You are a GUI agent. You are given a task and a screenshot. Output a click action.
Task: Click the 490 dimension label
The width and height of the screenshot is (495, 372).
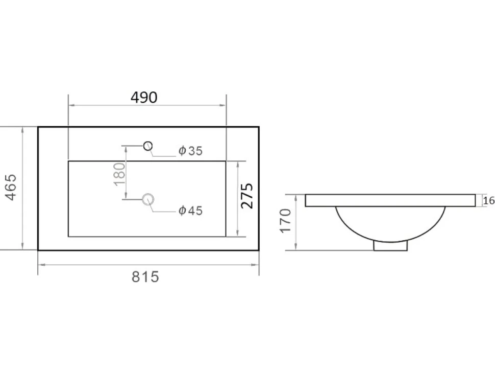144,98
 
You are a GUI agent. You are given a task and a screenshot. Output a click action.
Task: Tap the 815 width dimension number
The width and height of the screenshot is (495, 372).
145,277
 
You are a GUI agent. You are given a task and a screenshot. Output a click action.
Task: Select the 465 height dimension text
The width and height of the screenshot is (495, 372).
11,187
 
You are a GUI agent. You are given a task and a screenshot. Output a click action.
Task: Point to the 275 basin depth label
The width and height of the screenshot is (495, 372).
247,196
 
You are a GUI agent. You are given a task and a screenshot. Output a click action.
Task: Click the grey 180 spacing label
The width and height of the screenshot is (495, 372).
120,174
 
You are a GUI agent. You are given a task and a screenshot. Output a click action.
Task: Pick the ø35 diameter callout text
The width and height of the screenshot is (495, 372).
190,151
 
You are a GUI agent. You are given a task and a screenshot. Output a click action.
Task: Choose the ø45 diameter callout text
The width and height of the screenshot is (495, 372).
190,211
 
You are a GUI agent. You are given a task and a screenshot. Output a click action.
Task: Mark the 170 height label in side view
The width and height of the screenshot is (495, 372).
285,221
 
